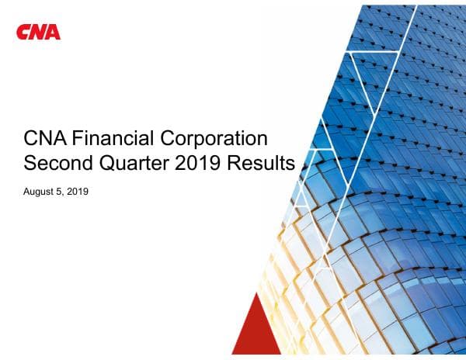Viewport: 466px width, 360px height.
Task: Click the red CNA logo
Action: pyautogui.click(x=38, y=32)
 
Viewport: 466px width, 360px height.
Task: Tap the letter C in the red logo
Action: pyautogui.click(x=23, y=32)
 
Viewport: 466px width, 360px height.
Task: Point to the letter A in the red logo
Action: pyautogui.click(x=53, y=32)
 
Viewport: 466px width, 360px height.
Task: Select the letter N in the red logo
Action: pyautogui.click(x=38, y=32)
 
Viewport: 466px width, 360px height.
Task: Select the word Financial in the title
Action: pyautogui.click(x=108, y=140)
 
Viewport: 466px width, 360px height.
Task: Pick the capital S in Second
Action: pyautogui.click(x=32, y=164)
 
